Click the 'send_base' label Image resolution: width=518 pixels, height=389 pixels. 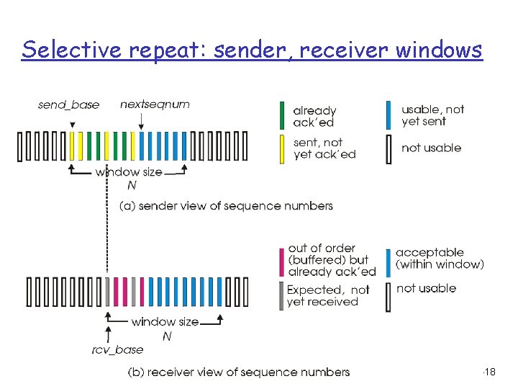click(x=69, y=105)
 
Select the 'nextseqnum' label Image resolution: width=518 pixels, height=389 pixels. click(x=155, y=104)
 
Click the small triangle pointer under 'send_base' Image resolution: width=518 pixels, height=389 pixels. click(x=71, y=124)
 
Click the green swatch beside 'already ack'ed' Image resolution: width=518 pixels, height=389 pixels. click(x=282, y=116)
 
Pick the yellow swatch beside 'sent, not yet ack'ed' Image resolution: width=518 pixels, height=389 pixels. click(x=282, y=148)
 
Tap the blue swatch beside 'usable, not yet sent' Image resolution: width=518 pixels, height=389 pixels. click(x=388, y=115)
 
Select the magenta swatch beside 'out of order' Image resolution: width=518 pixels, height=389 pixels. click(x=282, y=261)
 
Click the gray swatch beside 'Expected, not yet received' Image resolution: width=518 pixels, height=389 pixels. click(x=282, y=295)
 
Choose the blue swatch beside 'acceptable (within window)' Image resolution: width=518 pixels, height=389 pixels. click(x=388, y=261)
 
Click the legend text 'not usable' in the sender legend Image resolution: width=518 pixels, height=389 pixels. click(x=431, y=148)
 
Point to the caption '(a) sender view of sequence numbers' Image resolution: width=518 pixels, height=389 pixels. click(x=226, y=206)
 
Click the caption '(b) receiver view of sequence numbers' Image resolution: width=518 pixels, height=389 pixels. click(x=238, y=372)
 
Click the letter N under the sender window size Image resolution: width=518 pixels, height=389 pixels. click(x=131, y=186)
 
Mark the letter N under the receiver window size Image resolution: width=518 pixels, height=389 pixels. click(x=167, y=336)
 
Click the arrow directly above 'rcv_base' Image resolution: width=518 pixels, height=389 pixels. click(x=108, y=332)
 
